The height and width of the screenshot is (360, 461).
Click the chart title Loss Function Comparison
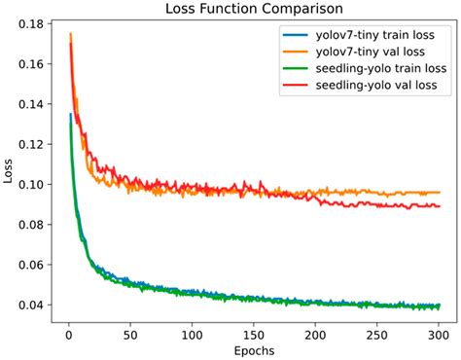coord(252,10)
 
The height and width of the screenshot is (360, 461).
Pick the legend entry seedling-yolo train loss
coord(379,68)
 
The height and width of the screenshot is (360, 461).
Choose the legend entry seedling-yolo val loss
coord(376,86)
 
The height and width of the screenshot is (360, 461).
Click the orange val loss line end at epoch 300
coord(439,193)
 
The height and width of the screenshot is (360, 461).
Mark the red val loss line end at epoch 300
coord(439,206)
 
